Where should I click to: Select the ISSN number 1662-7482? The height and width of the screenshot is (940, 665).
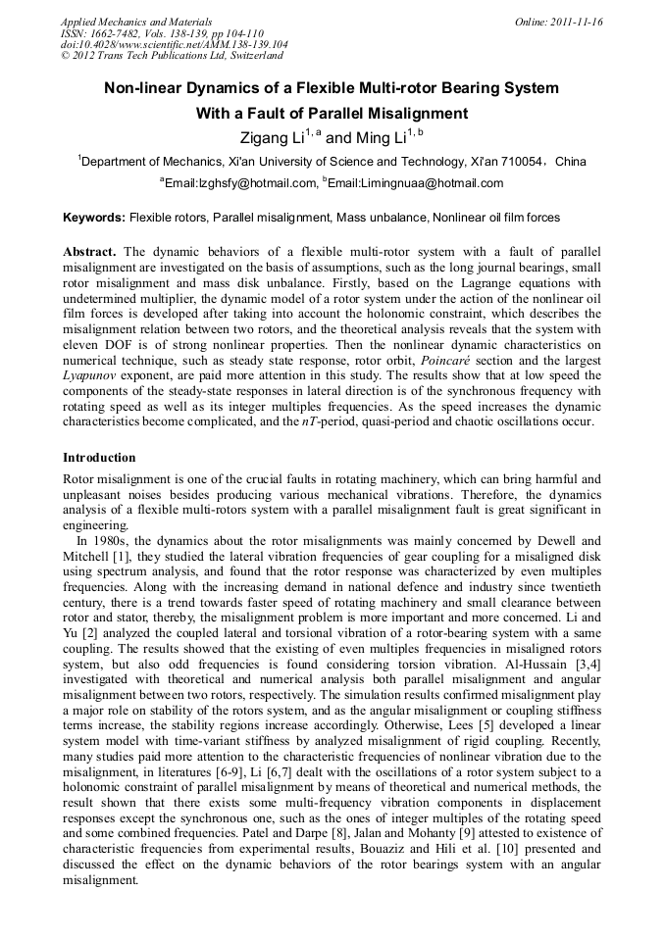pos(116,33)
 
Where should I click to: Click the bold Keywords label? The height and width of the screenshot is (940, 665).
pos(93,217)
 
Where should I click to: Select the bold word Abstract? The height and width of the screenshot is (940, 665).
pos(90,252)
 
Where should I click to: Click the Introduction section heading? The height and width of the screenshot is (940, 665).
pos(99,458)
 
